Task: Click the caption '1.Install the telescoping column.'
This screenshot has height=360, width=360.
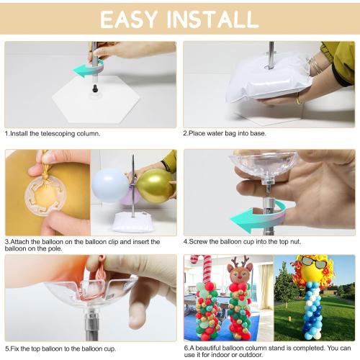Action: click(53, 133)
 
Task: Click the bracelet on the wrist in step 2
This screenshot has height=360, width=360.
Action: click(315, 68)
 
